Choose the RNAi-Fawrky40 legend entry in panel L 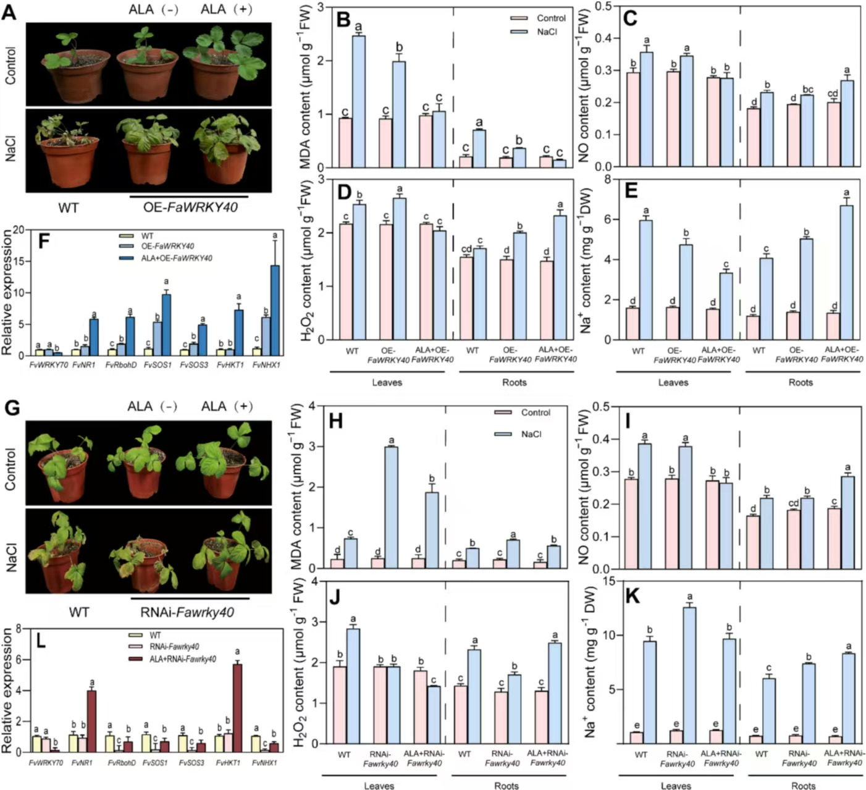pos(174,647)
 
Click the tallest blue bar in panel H pos(391,507)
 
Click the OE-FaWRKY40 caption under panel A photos pos(190,208)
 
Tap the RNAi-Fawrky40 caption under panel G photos pos(193,612)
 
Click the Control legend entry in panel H pos(535,413)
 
